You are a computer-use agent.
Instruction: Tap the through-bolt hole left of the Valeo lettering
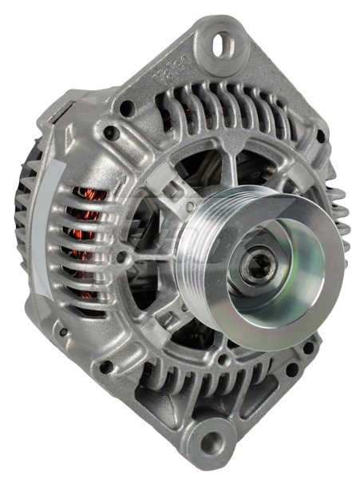[x=125, y=104]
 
